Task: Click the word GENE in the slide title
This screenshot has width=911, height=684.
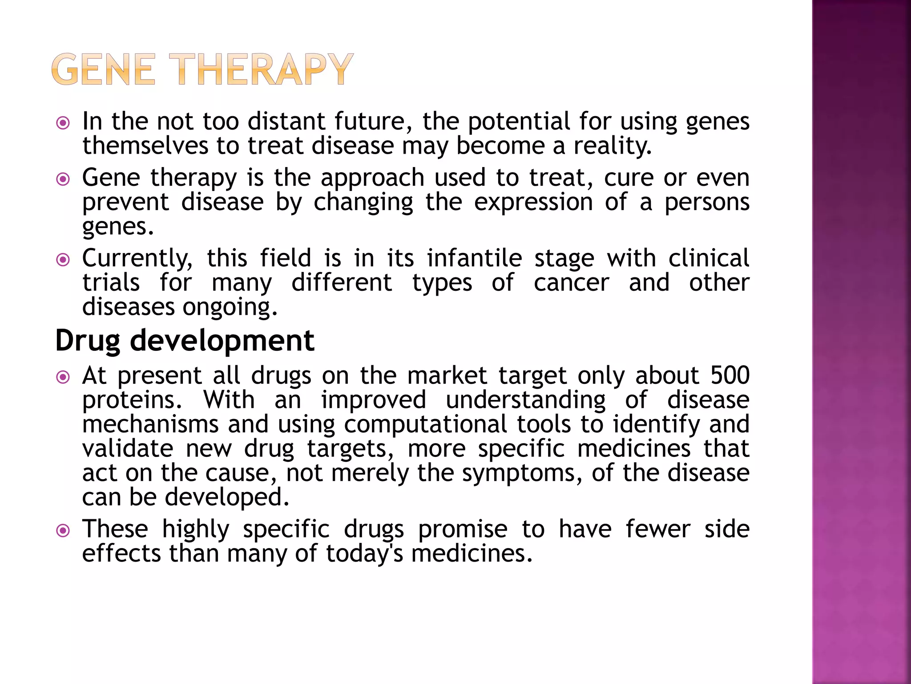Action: [103, 69]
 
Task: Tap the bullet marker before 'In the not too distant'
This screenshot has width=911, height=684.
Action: [64, 123]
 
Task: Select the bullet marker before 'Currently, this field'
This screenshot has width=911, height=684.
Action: [64, 260]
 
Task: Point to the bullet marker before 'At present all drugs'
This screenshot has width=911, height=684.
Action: [64, 377]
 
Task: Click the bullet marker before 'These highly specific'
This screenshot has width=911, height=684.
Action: [64, 530]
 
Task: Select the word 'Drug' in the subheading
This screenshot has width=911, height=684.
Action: [88, 341]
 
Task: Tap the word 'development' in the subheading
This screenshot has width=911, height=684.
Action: [222, 341]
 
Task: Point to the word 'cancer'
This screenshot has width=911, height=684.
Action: [571, 283]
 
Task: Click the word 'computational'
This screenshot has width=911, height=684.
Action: [425, 424]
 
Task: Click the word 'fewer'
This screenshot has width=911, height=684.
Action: [658, 529]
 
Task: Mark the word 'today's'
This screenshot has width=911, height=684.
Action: [365, 554]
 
